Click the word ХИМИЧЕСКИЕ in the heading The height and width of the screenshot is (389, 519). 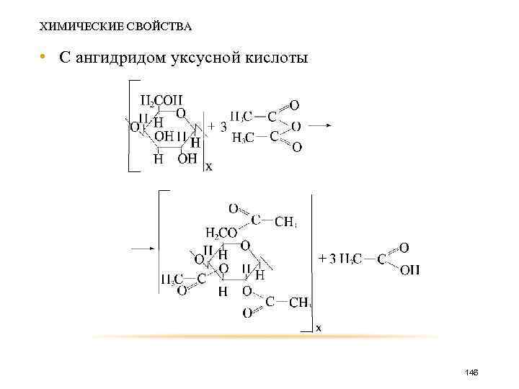point(71,27)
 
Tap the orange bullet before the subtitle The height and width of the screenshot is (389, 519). point(43,56)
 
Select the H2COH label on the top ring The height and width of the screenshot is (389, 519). point(162,99)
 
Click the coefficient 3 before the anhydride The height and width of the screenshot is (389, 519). point(223,126)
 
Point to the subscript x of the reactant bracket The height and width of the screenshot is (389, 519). point(209,167)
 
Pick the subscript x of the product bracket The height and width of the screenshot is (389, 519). point(319,328)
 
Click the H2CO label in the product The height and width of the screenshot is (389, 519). point(221,232)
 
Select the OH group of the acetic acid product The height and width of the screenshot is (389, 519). point(409,270)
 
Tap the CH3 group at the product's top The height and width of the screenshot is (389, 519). point(285,220)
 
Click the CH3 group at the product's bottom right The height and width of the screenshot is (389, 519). point(300,302)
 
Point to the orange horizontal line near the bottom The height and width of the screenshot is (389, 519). point(267,336)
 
